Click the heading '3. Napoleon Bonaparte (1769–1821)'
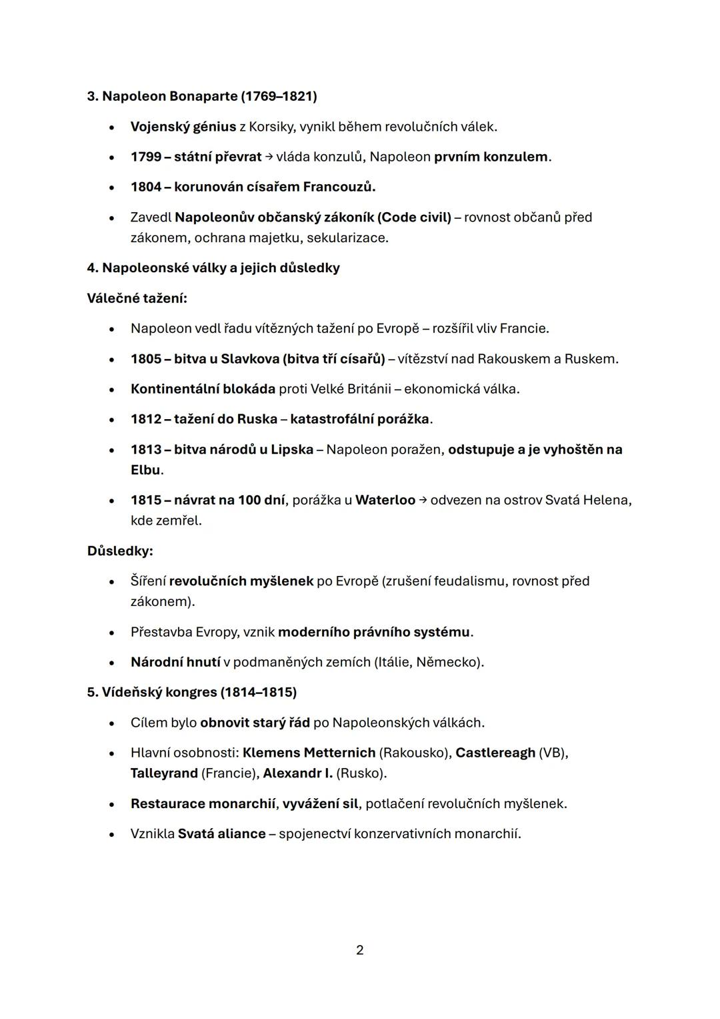(x=201, y=96)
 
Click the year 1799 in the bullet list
(x=146, y=157)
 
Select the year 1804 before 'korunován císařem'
(x=146, y=187)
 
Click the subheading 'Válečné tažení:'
(x=137, y=298)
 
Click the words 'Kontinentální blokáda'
(x=203, y=389)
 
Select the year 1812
(x=146, y=419)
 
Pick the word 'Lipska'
(x=292, y=450)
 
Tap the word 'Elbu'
(x=145, y=470)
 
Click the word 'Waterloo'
(x=385, y=500)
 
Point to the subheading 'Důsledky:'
(x=120, y=551)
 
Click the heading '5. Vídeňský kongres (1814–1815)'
(x=192, y=692)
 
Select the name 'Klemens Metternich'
(x=309, y=753)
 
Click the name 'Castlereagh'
(x=495, y=753)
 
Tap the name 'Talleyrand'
(x=164, y=773)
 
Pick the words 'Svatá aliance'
(x=221, y=834)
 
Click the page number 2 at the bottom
(x=360, y=950)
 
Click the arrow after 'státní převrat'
(x=269, y=157)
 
